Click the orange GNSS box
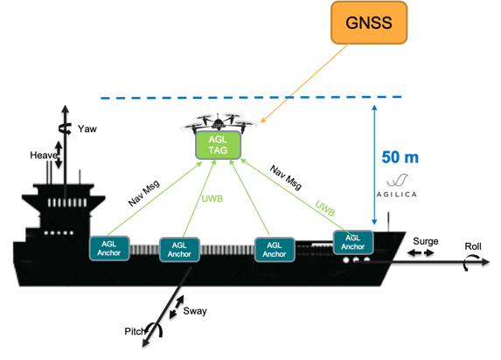(369, 23)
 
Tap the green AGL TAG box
(218, 145)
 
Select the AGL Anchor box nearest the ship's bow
(353, 242)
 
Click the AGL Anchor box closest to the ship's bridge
(109, 248)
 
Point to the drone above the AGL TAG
(219, 123)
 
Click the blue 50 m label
(400, 157)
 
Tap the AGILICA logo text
(397, 194)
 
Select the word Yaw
(87, 128)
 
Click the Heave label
(44, 156)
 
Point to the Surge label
(425, 241)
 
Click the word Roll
(473, 246)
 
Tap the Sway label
(195, 311)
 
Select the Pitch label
(135, 331)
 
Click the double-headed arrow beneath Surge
(421, 253)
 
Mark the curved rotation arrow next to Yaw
(65, 128)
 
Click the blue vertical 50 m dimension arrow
(374, 164)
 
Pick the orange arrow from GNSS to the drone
(304, 83)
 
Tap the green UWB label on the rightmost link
(325, 208)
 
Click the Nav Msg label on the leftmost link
(143, 193)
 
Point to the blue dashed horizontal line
(251, 97)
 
